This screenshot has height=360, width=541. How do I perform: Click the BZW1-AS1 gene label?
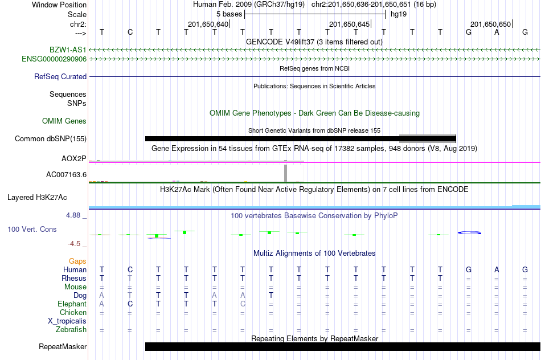point(68,50)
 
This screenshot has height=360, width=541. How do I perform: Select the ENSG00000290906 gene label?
point(54,59)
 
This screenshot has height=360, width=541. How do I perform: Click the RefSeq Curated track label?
point(60,77)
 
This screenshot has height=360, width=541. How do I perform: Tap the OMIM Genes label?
point(64,121)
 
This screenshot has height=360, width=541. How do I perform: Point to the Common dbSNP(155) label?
point(51,139)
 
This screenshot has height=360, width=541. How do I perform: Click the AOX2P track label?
point(74,159)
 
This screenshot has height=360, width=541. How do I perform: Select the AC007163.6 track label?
point(66,175)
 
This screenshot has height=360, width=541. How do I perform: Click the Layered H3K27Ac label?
point(37,198)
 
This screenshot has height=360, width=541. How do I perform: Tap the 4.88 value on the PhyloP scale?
point(73,215)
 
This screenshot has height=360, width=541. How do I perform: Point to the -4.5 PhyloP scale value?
point(74,244)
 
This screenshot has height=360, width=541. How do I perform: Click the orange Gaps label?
point(77,261)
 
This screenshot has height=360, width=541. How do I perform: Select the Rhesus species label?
point(74,278)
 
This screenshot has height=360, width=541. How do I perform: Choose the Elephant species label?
point(72,304)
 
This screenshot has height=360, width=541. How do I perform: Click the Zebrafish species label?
point(71,330)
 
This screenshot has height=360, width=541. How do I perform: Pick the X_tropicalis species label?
point(67,321)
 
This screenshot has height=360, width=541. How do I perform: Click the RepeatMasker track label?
point(63,346)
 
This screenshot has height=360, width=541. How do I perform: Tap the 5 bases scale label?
point(229,14)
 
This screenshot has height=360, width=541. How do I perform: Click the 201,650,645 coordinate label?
point(349,24)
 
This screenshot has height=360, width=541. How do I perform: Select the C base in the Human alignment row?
point(130,269)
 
